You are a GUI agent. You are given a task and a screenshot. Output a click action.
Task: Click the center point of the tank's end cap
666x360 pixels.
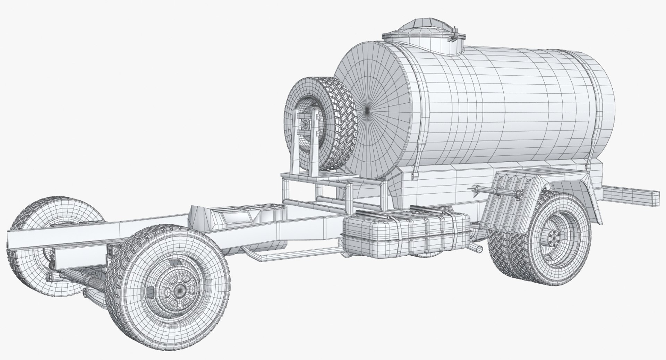(368, 110)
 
